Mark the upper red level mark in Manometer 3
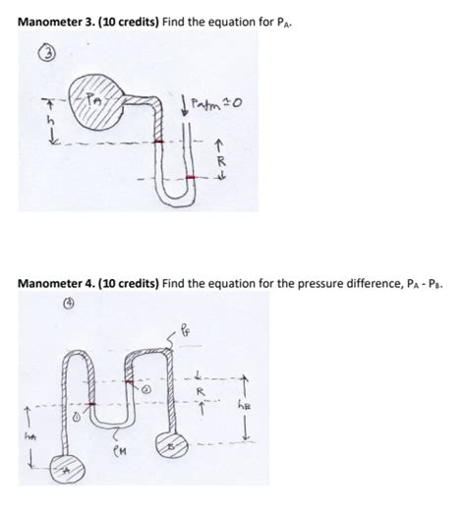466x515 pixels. pos(158,142)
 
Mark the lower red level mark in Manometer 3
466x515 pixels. pos(192,177)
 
